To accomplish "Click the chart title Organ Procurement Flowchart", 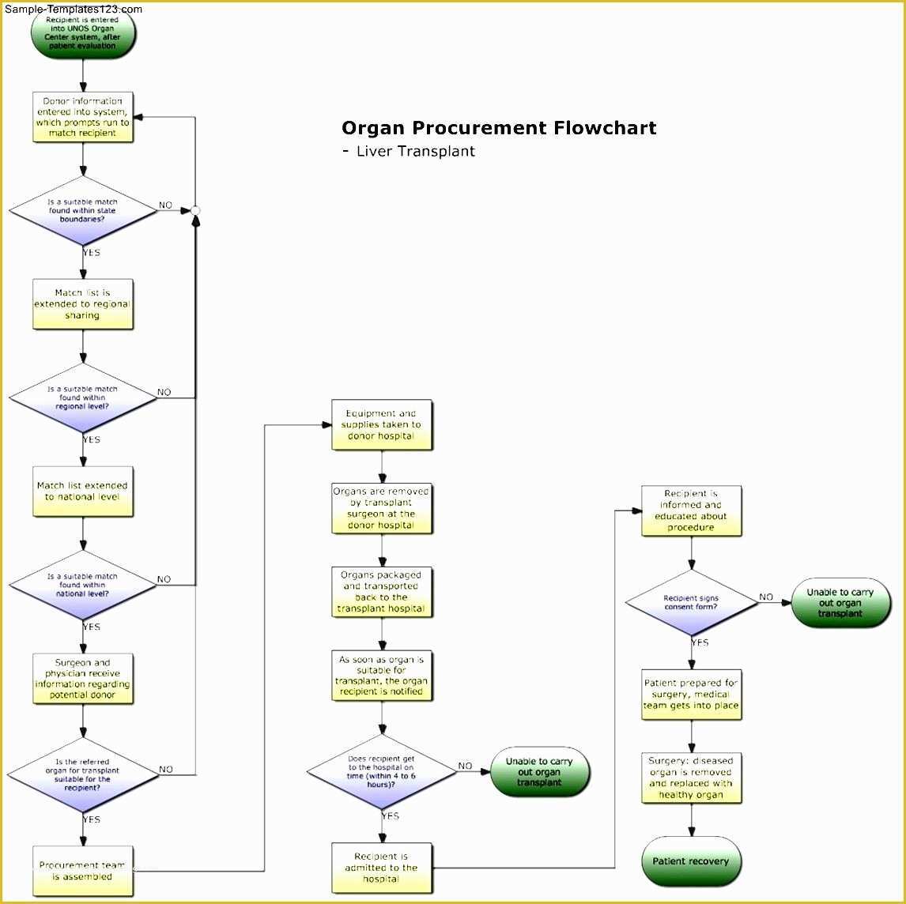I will point(498,128).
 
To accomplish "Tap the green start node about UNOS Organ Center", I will point(83,33).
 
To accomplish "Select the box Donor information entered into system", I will point(83,117).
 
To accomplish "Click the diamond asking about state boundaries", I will point(83,210).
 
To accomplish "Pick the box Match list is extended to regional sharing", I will point(83,304).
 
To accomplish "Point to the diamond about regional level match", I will point(83,397).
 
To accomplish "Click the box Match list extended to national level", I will point(83,492).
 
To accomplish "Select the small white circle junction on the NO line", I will point(195,210).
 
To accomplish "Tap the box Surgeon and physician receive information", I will point(83,679).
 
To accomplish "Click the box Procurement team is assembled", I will point(83,871).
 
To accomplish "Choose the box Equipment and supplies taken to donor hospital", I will point(382,425).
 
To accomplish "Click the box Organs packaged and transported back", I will point(382,592).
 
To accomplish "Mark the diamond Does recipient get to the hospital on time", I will point(382,771).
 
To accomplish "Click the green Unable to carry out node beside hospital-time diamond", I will point(540,771).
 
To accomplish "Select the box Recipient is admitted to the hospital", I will point(382,868).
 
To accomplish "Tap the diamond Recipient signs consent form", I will point(692,602).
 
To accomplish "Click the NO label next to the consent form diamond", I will point(766,597).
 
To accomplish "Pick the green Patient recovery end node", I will point(692,861).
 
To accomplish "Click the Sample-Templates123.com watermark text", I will point(73,9).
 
